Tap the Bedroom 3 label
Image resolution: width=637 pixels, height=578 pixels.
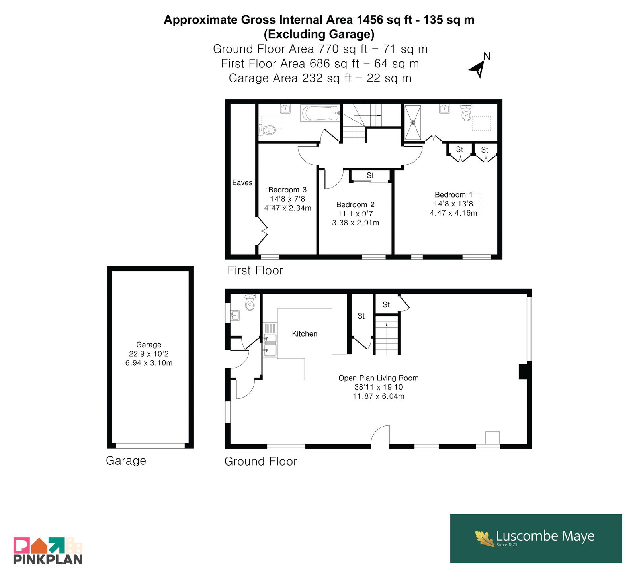click(287, 190)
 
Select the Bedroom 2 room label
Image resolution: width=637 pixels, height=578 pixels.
click(355, 204)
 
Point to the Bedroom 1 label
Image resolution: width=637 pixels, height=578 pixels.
click(453, 194)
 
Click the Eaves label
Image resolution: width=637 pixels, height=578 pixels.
click(242, 182)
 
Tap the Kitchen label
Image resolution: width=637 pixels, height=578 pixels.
click(305, 334)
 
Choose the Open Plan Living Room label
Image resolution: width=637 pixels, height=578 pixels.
click(379, 378)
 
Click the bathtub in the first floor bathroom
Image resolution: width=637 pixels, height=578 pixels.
click(320, 113)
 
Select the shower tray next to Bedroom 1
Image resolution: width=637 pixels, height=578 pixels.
click(413, 122)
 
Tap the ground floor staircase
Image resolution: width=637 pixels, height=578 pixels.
click(387, 334)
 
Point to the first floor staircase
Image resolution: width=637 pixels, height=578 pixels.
click(360, 123)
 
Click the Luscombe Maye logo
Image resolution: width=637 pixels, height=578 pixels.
click(536, 538)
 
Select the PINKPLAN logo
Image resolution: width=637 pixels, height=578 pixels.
click(48, 551)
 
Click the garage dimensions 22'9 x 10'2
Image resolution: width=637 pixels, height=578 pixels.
click(149, 354)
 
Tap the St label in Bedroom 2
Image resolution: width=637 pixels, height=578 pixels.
click(370, 175)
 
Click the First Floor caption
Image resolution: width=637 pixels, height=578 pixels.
click(255, 270)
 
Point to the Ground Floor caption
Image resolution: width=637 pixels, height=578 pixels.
click(261, 461)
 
